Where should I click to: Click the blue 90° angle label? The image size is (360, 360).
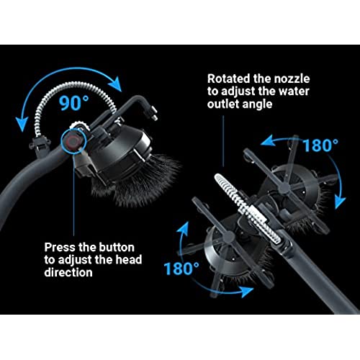[74, 103]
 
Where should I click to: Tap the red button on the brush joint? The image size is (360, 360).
[72, 142]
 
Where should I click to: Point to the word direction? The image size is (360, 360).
[68, 272]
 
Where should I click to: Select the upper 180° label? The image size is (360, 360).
[320, 145]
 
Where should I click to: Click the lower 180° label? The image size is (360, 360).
[181, 269]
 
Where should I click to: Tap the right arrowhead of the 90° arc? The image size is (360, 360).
[116, 84]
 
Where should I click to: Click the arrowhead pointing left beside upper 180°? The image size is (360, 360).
[267, 140]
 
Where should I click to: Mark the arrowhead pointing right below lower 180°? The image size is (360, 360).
[247, 291]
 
